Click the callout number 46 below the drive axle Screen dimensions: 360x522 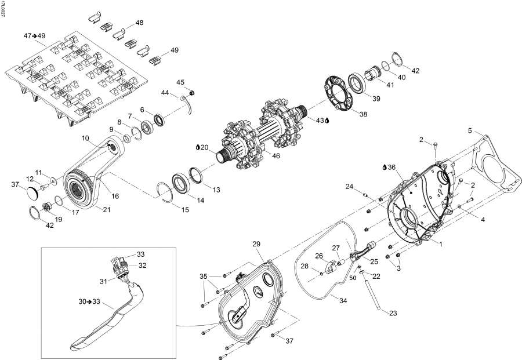pyautogui.click(x=275, y=157)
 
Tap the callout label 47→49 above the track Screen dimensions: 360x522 pyautogui.click(x=34, y=36)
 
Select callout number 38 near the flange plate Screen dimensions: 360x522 pyautogui.click(x=363, y=114)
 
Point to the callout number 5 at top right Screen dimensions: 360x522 pyautogui.click(x=470, y=130)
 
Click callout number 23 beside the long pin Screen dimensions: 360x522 pyautogui.click(x=393, y=313)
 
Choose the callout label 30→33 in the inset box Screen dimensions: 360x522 pyautogui.click(x=89, y=301)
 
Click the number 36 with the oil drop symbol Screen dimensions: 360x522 pyautogui.click(x=391, y=167)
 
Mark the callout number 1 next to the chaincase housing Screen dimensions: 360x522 pyautogui.click(x=440, y=244)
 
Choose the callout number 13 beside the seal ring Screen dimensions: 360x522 pyautogui.click(x=216, y=190)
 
